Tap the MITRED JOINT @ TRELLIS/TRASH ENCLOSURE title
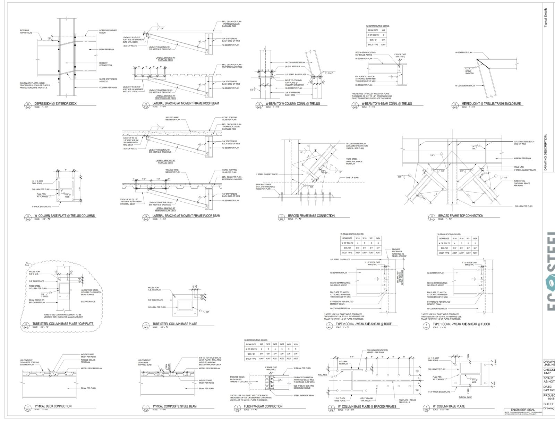point(491,103)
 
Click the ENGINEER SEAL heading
point(523,410)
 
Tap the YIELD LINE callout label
point(519,167)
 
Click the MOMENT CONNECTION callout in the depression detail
point(105,64)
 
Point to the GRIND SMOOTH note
point(469,72)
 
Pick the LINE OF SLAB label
point(352,178)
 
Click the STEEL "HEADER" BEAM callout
point(304,395)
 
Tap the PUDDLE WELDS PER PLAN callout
point(88,361)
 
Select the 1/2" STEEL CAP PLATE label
point(340,259)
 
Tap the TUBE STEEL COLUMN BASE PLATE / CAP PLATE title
point(63,324)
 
